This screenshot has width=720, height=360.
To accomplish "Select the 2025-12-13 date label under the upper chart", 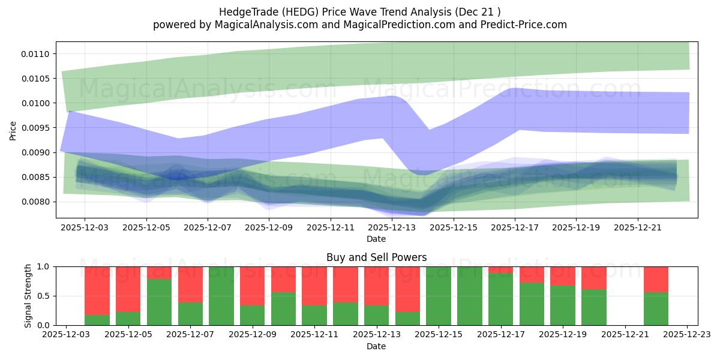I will tap(391, 228).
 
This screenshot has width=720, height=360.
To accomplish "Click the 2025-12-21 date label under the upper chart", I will tap(637, 228).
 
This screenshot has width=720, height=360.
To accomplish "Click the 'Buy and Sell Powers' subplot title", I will tap(376, 257).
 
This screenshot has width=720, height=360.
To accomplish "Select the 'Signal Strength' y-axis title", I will tap(28, 295).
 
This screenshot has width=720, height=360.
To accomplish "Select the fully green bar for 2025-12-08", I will tap(221, 296).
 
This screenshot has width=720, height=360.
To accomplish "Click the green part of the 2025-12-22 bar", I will tap(656, 309).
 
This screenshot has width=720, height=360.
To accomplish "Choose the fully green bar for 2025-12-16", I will tap(470, 296).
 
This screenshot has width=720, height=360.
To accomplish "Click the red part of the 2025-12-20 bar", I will tap(594, 277).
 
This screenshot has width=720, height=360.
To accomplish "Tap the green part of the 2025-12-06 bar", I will tap(159, 302).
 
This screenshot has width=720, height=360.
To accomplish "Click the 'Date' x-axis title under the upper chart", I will tap(376, 239).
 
